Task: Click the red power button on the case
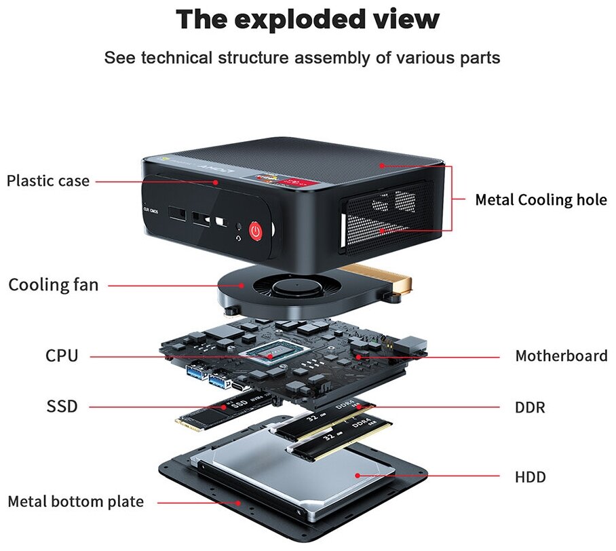(255, 231)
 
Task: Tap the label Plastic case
(47, 181)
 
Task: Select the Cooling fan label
(53, 285)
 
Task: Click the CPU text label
(62, 356)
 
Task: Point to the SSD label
(62, 407)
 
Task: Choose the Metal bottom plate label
(75, 502)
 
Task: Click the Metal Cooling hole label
(540, 200)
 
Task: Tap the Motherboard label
(561, 356)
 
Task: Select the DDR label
(530, 408)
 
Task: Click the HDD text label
(530, 477)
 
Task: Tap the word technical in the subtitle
(176, 58)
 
